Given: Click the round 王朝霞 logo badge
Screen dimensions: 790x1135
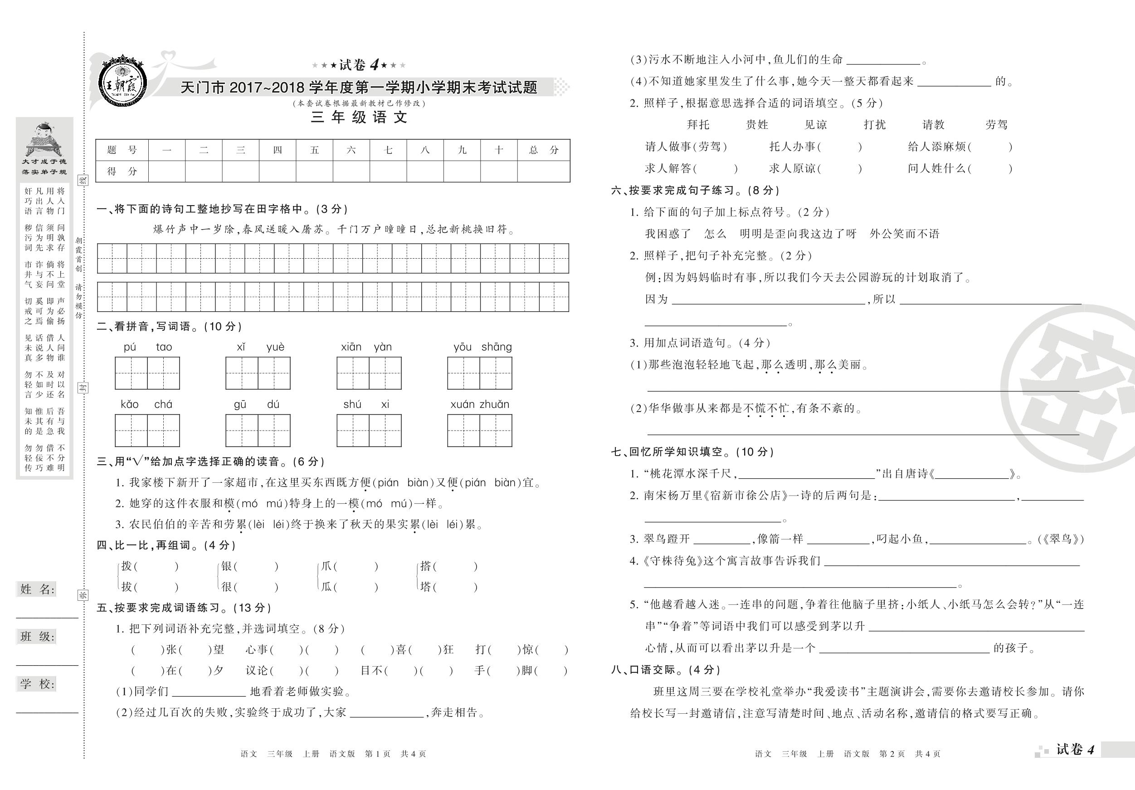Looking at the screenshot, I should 122,81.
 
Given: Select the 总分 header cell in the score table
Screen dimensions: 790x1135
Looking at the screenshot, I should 543,150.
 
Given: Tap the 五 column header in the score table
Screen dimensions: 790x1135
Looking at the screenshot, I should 314,150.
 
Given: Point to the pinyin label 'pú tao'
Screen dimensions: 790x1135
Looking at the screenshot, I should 147,347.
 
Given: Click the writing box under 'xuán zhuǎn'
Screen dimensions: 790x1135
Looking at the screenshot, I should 479,430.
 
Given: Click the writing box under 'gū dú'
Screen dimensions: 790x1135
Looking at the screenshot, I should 258,430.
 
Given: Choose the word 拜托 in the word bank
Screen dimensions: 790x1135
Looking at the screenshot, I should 698,125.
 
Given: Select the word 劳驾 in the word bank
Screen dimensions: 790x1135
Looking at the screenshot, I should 996,125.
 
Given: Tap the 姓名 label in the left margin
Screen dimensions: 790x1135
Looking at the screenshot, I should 38,589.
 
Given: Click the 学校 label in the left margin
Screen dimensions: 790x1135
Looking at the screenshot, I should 38,684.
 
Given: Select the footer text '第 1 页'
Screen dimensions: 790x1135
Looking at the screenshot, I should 377,754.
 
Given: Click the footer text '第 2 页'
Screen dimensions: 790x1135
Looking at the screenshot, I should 892,754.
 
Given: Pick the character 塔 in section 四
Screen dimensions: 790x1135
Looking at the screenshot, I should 426,587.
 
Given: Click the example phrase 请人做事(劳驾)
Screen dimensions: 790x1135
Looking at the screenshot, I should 686,147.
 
